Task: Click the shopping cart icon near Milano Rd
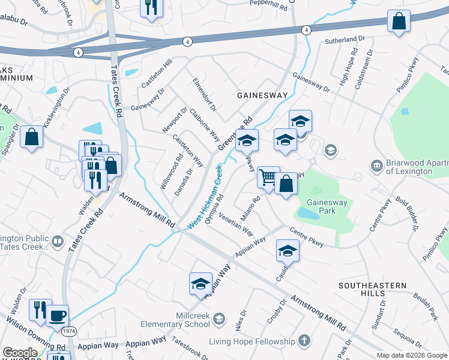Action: click(268, 177)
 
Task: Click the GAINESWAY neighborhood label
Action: click(262, 95)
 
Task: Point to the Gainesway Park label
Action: click(328, 206)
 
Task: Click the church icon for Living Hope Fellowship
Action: click(304, 341)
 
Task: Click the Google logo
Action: click(20, 353)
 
